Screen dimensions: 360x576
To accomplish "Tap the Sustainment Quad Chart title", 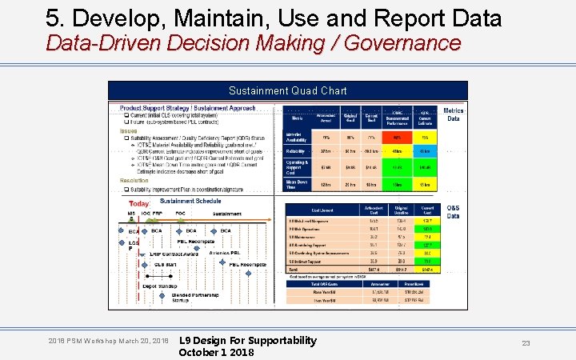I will click(x=288, y=91).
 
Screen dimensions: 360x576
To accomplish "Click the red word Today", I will click(x=139, y=204).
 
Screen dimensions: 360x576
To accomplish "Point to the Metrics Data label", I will click(x=454, y=114).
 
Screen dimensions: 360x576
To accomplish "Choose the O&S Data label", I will click(x=454, y=211).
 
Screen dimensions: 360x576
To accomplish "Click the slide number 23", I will click(x=526, y=343).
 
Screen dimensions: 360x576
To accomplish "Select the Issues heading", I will click(x=129, y=130).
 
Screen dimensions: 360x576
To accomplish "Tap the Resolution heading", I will click(x=134, y=181).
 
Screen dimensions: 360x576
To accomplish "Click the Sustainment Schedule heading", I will click(x=190, y=201).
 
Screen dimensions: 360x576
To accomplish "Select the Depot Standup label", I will click(x=161, y=284).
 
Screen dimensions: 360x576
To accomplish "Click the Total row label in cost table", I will click(x=293, y=270).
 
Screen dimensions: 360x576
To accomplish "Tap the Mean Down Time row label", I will click(x=297, y=184).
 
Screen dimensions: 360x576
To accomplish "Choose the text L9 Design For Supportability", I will click(x=248, y=341).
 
